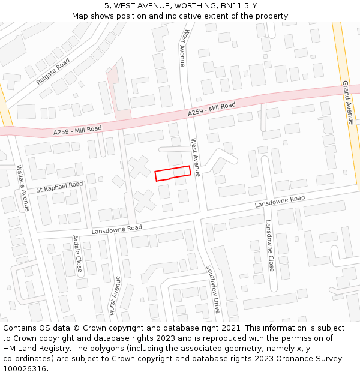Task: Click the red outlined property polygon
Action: (173, 173)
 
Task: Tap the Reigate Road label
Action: (53, 71)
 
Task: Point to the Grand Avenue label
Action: (347, 102)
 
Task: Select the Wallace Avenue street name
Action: (23, 188)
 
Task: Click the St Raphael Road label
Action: (59, 187)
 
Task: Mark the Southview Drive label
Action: (213, 289)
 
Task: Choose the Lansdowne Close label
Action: (269, 245)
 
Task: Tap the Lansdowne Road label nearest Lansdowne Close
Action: (280, 202)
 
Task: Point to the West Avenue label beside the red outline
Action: (196, 153)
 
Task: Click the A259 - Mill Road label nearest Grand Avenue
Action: (211, 109)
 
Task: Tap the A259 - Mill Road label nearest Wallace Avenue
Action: (77, 129)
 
